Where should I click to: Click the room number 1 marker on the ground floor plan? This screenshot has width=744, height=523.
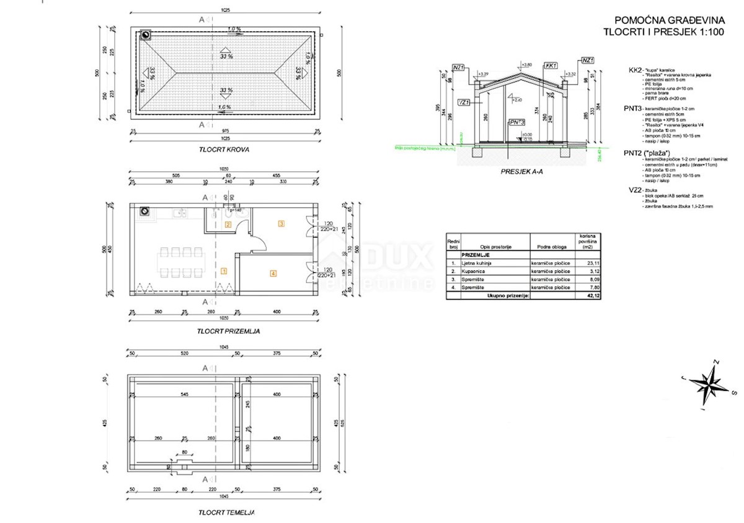coord(224,270)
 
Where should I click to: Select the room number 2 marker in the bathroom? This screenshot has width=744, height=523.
coord(228,225)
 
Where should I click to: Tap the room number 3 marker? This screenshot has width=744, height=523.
coord(281,223)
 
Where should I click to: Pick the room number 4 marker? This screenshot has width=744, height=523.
coord(273,272)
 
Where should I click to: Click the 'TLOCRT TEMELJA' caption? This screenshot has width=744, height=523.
coord(226,512)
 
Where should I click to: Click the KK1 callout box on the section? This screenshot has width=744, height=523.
coord(549,65)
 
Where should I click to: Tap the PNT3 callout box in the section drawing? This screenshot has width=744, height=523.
coord(516,122)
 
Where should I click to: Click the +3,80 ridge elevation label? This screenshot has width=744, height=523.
coord(527,65)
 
